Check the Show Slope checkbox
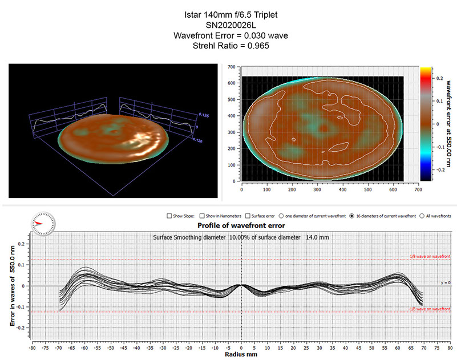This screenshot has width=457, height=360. [x=169, y=216]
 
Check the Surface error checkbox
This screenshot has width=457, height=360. [x=247, y=216]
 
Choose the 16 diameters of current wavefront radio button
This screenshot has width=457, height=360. [x=351, y=216]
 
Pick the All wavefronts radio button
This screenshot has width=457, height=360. [x=422, y=216]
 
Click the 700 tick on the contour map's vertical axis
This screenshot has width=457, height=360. [x=232, y=67]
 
